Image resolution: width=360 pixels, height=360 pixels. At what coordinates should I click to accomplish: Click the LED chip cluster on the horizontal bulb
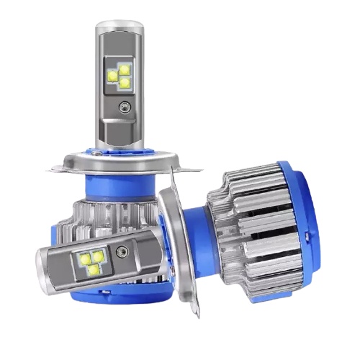[x=93, y=261]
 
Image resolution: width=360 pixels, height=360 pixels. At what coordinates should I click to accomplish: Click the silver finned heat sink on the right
[x=248, y=216]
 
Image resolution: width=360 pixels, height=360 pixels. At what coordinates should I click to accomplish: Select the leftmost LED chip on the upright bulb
[x=113, y=75]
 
